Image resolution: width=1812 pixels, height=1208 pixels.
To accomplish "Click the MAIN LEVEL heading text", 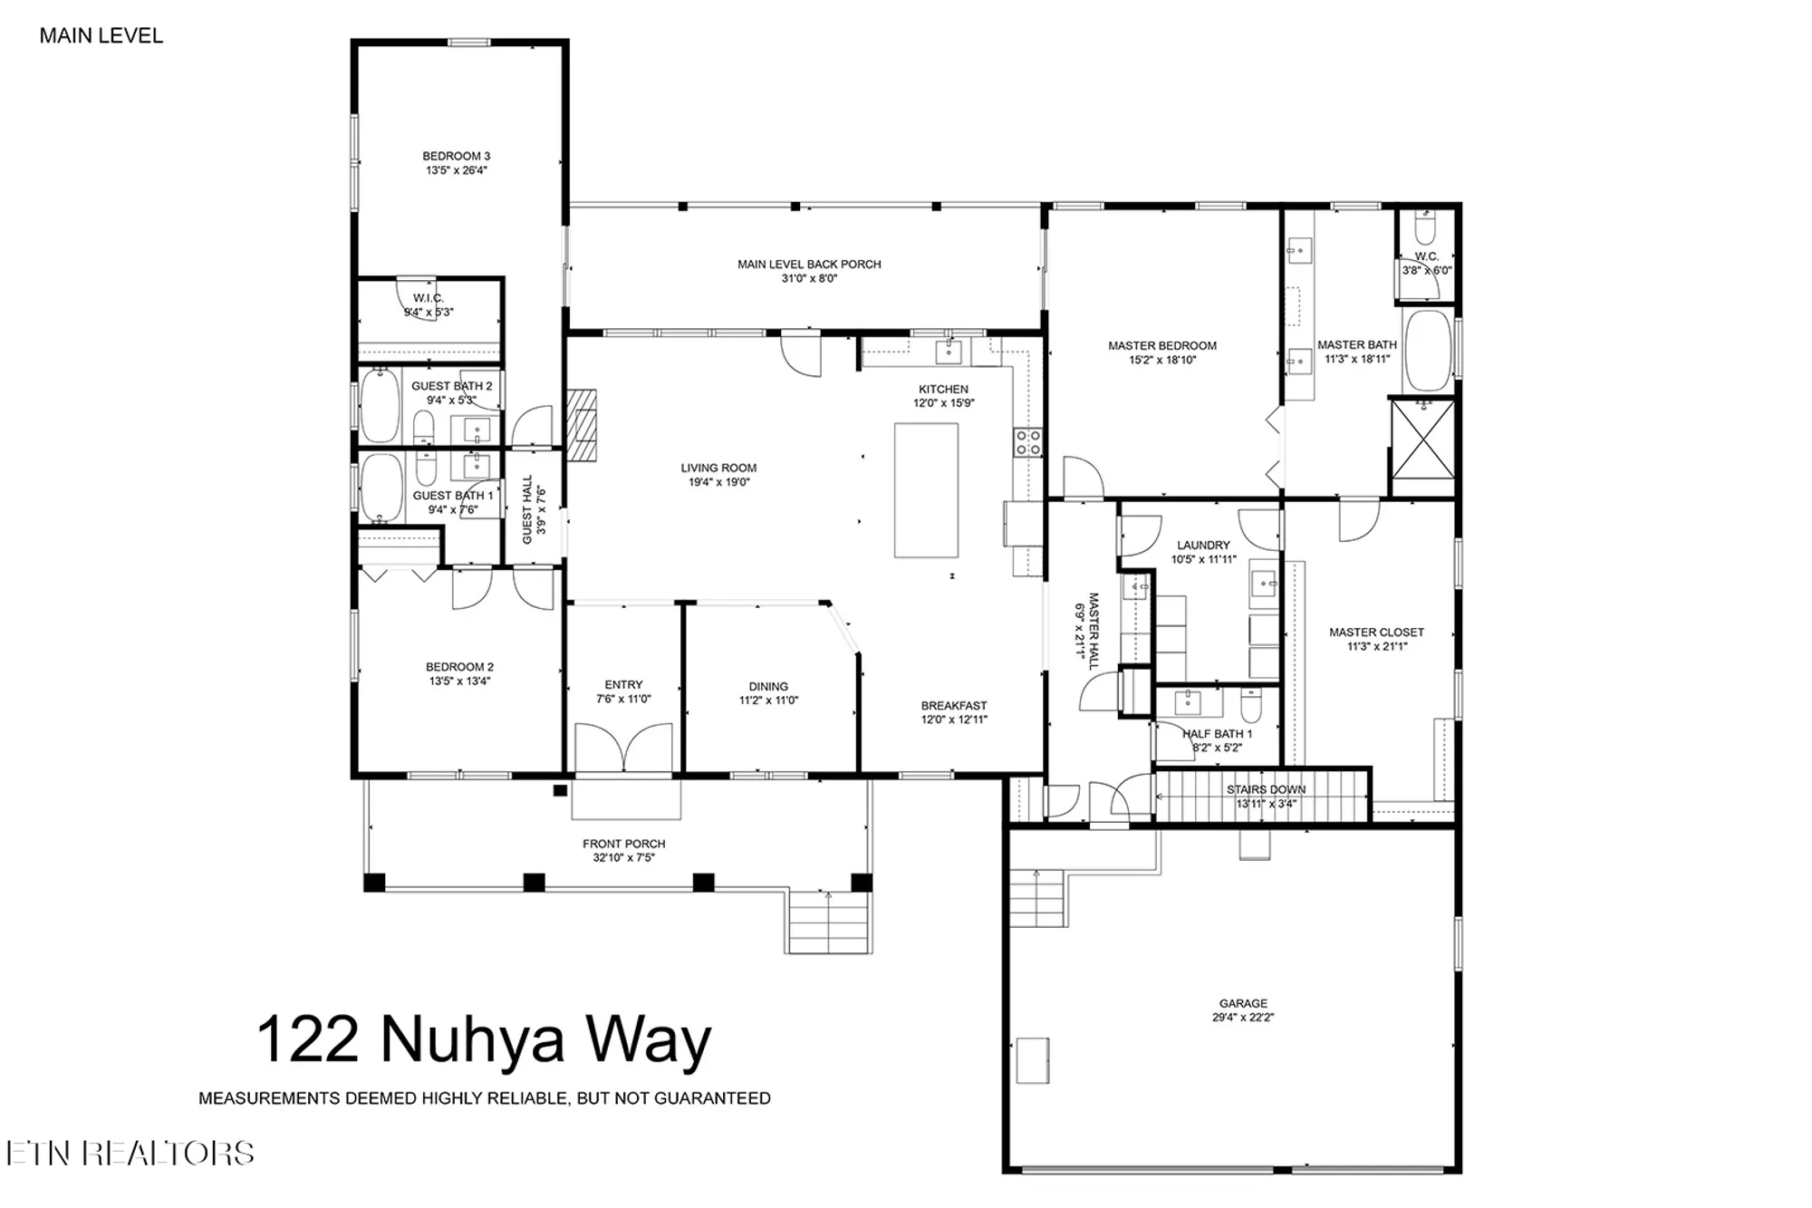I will (101, 36).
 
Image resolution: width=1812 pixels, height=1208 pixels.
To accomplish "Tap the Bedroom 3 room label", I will (457, 157).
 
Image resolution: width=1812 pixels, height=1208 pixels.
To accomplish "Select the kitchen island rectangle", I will (926, 490).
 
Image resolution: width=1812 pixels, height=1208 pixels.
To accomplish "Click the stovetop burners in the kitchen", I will (1027, 442).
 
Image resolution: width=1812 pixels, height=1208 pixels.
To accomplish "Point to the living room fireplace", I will (582, 425).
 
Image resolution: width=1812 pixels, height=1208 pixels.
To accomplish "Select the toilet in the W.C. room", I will (1425, 230).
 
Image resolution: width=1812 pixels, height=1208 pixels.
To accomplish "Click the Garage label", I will (1243, 1003).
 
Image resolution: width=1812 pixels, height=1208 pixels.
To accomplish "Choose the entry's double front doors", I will (624, 749).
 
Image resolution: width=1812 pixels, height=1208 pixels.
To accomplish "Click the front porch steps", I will (829, 922).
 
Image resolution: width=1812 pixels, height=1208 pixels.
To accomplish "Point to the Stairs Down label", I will (1266, 790).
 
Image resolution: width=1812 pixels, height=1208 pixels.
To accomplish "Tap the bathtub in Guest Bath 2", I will (380, 405).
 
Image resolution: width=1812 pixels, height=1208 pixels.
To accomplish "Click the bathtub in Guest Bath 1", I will (381, 489).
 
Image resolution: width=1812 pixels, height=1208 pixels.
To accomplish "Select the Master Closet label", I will (1376, 633).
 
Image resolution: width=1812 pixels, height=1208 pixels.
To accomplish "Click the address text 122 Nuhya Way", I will (484, 1040).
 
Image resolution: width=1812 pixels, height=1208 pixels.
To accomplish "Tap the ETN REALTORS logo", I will (130, 1153).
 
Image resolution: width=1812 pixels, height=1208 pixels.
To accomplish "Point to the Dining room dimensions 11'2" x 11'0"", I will (768, 701).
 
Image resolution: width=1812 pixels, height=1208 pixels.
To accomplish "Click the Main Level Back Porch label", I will (809, 265).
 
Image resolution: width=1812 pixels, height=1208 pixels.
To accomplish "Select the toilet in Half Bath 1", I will (1251, 703).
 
